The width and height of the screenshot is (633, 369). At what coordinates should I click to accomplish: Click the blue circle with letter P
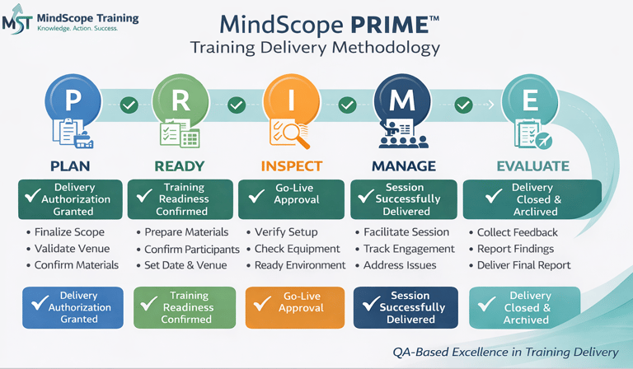[73, 100]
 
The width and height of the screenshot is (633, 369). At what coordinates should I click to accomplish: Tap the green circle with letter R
[181, 100]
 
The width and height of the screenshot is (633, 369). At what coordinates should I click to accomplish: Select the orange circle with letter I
[290, 100]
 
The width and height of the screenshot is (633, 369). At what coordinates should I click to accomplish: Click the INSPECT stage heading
[291, 166]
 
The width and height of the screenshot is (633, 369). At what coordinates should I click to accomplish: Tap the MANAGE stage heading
[403, 166]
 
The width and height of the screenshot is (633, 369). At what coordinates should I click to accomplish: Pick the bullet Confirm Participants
[191, 249]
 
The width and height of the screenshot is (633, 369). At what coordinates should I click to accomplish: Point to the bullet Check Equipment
[297, 249]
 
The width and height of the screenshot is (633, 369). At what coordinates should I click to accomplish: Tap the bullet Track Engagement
[409, 249]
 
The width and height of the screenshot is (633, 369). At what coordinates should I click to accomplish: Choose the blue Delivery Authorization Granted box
[73, 307]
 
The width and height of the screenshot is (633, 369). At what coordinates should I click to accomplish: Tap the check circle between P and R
[129, 105]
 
